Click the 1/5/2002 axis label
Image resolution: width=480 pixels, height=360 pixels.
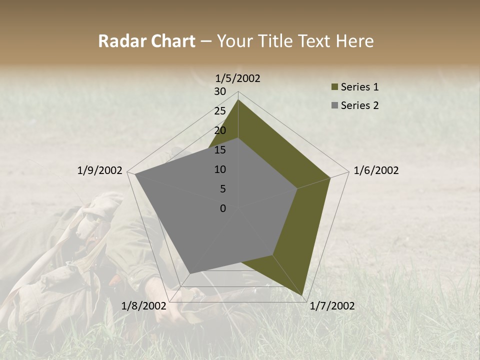coord(238,78)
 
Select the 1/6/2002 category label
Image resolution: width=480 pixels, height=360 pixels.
coord(376,170)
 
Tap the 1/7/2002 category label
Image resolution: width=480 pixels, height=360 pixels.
coord(332,306)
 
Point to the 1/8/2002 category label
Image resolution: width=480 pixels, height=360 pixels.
coord(143,306)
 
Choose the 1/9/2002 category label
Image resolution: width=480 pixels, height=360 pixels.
coord(99,170)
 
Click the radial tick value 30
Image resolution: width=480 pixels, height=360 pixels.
coord(219,91)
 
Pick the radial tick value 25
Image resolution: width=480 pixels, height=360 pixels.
coord(219,111)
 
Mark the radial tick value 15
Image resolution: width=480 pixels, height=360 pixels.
coord(219,150)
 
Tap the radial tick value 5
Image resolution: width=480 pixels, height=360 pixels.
coord(222,189)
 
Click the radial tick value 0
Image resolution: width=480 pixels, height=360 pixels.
coord(222,208)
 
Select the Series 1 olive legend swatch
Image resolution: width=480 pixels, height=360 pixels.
coord(334,87)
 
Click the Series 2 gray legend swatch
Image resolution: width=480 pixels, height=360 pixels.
coord(334,105)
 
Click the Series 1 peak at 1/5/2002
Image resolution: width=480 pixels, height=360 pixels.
coord(238,99)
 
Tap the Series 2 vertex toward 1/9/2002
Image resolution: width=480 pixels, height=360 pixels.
coord(135,174)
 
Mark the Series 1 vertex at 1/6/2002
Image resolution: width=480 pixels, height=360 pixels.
coord(330,177)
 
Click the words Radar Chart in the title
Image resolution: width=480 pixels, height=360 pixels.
coord(146,41)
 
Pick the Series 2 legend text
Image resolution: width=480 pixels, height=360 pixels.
coord(359,105)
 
